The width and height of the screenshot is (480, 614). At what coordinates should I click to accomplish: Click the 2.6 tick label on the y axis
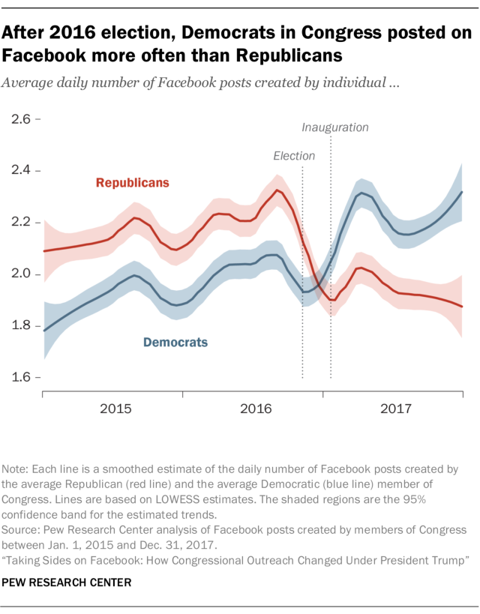19,119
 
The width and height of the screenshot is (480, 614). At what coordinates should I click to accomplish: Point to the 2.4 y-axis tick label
19,171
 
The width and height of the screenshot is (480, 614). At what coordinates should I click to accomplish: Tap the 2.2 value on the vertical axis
19,223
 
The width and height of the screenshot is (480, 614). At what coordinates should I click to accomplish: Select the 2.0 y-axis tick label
19,274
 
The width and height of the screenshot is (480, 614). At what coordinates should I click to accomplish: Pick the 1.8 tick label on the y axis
19,326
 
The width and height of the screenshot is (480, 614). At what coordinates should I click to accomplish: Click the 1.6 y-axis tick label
19,377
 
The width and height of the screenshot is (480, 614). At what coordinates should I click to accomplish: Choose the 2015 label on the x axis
116,409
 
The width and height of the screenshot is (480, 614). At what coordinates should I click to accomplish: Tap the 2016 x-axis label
256,409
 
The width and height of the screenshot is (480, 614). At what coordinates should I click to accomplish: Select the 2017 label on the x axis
396,409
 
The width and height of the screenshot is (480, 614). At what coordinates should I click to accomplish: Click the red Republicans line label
132,182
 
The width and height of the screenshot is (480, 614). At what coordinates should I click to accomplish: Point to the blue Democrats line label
175,343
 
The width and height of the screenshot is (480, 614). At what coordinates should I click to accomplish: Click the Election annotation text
294,156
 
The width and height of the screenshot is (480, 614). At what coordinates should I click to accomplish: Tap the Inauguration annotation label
335,127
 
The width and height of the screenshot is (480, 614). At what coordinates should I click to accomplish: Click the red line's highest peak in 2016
278,190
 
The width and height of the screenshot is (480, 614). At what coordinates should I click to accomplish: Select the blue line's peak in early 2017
362,193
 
